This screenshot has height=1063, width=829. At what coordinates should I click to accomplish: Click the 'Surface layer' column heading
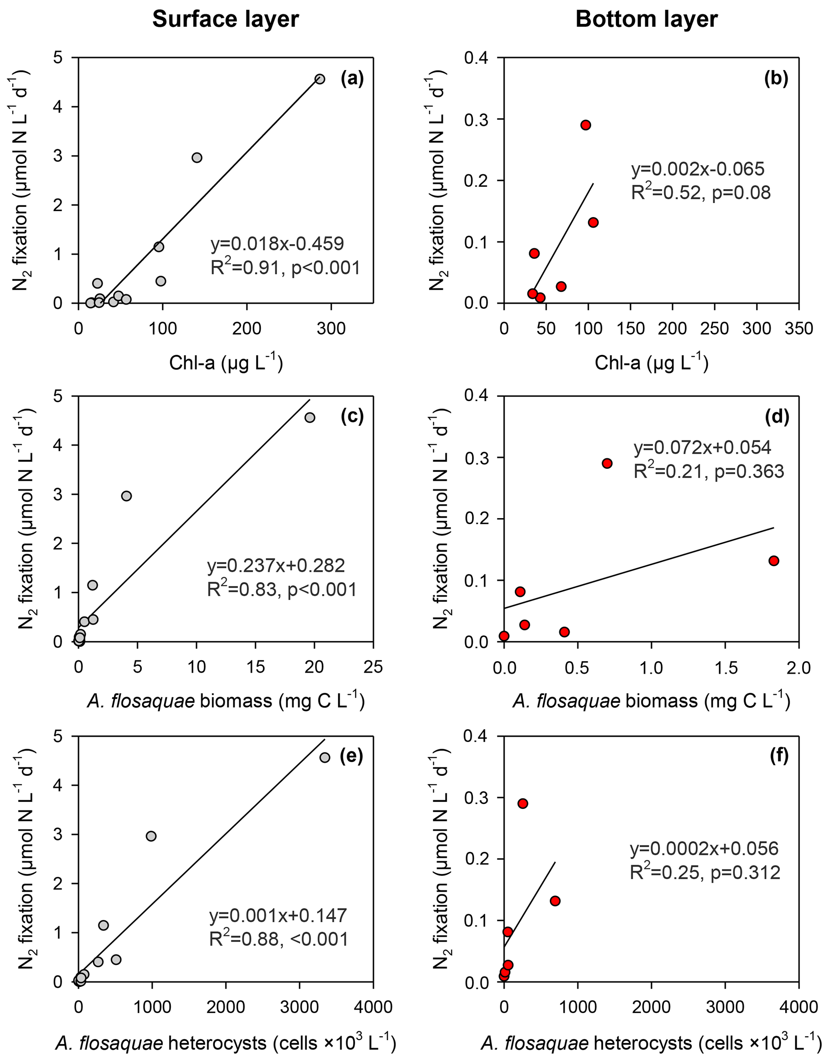[x=225, y=20]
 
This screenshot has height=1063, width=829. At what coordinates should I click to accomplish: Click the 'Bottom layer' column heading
[x=647, y=20]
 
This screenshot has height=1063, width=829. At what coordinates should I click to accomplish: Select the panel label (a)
[x=352, y=79]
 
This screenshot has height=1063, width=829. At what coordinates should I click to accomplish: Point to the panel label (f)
[x=778, y=755]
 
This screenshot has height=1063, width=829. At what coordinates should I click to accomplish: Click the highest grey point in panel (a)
[x=320, y=79]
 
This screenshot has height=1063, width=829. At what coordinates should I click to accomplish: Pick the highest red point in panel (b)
[x=586, y=125]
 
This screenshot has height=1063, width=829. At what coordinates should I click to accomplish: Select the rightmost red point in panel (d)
[x=774, y=561]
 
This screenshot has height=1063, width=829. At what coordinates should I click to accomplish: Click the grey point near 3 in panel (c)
[x=126, y=496]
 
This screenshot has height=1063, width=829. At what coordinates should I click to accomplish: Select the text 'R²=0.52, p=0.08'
[x=701, y=193]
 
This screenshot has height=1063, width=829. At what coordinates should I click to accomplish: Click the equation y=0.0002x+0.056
[x=704, y=848]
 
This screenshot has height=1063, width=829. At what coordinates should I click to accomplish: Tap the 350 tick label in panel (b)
[x=798, y=328]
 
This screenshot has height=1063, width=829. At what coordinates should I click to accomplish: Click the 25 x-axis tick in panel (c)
[x=373, y=667]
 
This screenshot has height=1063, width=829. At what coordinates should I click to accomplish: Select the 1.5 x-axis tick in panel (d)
[x=725, y=667]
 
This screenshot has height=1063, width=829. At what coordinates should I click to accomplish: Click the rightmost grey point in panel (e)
[x=324, y=757]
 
